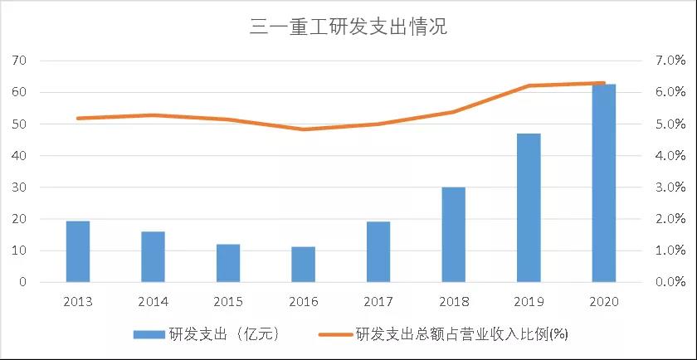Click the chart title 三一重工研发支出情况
pos(348,27)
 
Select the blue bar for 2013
pos(78,251)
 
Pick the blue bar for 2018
pos(453,235)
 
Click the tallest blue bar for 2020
pos(603,183)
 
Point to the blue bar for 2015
pos(228,263)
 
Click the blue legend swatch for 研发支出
pos(150,334)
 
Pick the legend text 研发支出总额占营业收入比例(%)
pos(461,334)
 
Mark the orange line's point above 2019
pos(529,85)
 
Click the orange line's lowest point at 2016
pos(303,129)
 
